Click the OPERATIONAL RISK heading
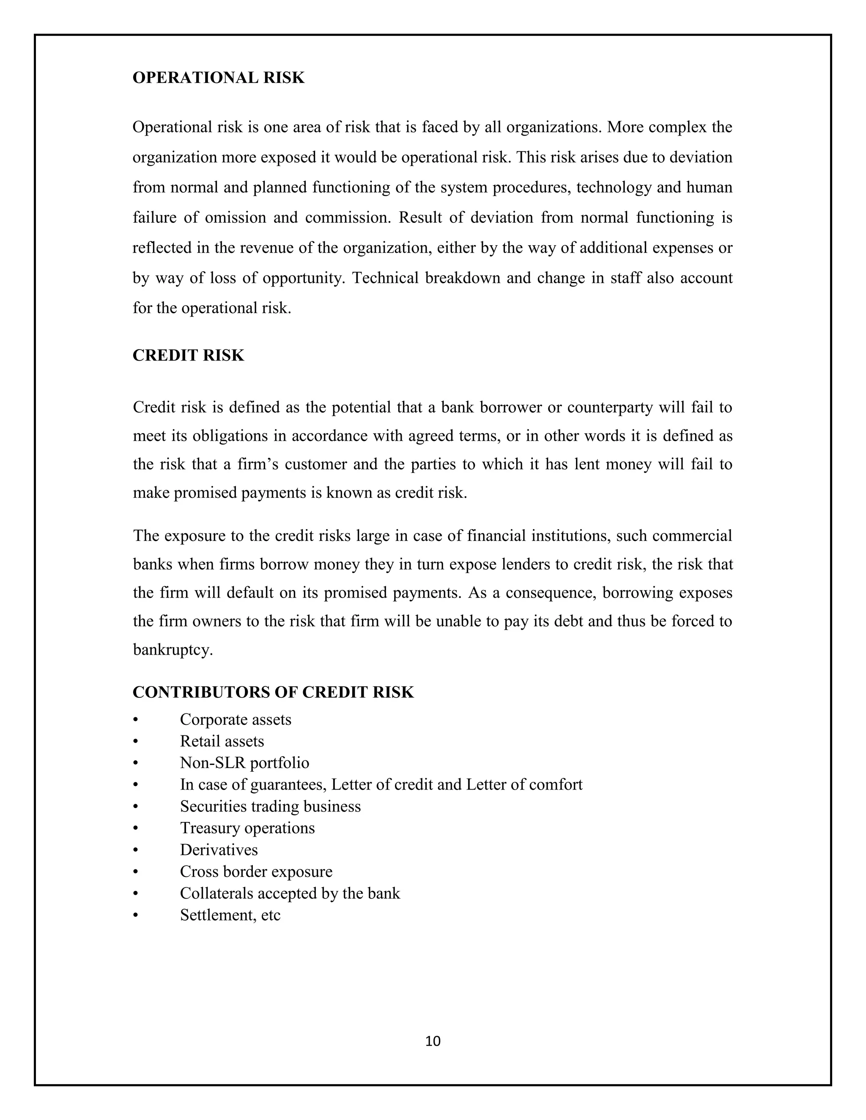(x=219, y=78)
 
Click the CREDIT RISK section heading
(x=188, y=355)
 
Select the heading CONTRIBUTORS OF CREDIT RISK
(x=273, y=692)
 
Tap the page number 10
(x=433, y=1041)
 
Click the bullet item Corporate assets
(x=236, y=719)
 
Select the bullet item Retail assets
(x=222, y=741)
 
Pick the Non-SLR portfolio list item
(x=244, y=763)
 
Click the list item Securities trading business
(x=270, y=806)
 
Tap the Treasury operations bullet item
(x=247, y=828)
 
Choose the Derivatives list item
(x=219, y=850)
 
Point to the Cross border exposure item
(x=256, y=872)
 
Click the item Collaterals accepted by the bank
(x=290, y=893)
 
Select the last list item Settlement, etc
(x=230, y=915)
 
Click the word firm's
(x=257, y=464)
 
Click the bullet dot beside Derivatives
(x=135, y=850)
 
